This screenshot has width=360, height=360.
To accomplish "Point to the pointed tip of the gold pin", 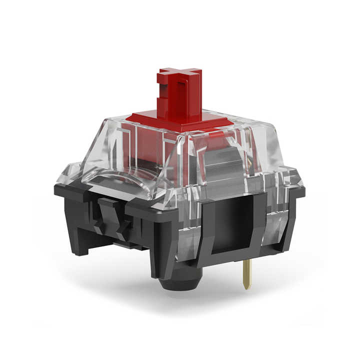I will pos(247,288).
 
